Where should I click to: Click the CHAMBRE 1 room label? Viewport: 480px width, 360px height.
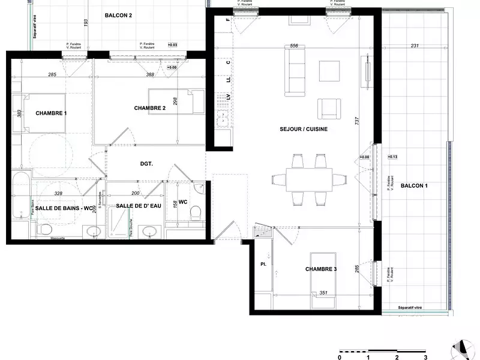tap(51, 113)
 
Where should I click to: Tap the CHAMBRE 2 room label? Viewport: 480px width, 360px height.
tap(151, 108)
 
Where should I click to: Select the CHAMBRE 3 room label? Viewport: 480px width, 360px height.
tap(320, 269)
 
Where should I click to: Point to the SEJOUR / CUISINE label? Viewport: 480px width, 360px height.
tap(303, 129)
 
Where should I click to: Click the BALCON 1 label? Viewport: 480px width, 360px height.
tap(415, 185)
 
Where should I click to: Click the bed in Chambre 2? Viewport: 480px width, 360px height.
tap(176, 102)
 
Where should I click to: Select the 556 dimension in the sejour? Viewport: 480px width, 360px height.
tap(294, 46)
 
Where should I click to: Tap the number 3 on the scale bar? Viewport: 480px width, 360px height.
tap(425, 356)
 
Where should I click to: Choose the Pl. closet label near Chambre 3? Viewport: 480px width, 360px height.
tap(263, 263)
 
